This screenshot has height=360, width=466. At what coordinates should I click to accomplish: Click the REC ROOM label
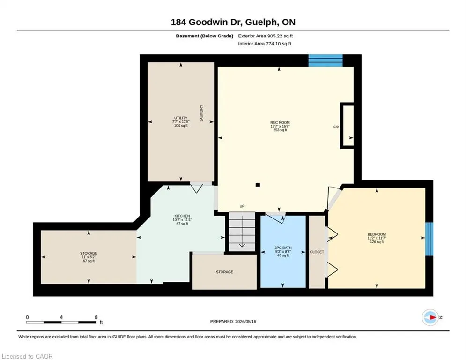[280, 122]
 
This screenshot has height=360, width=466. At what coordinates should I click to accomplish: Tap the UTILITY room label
[181, 118]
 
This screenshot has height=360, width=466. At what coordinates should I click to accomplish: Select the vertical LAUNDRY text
[201, 113]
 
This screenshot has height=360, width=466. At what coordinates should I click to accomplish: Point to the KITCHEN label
[182, 216]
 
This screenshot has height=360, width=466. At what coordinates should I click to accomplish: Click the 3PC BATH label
[283, 247]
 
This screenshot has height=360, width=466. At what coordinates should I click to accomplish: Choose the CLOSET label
[317, 252]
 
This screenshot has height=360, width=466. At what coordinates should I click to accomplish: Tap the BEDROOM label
[377, 234]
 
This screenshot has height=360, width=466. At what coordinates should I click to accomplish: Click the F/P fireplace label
[336, 127]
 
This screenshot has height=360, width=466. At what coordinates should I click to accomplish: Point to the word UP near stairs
[242, 206]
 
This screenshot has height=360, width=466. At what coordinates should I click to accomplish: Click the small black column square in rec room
[258, 185]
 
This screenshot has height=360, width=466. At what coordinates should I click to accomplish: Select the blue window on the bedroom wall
[429, 239]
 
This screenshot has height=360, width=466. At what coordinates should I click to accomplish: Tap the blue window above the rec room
[325, 60]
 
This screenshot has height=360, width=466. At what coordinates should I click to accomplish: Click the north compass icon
[430, 317]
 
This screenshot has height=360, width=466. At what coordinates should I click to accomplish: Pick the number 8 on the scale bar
[96, 317]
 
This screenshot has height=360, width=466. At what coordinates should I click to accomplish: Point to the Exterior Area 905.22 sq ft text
[266, 36]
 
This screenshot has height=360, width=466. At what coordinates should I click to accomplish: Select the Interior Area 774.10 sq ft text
[265, 44]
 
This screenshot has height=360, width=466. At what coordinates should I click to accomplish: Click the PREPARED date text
[233, 321]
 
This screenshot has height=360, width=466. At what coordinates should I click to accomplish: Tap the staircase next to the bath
[242, 232]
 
